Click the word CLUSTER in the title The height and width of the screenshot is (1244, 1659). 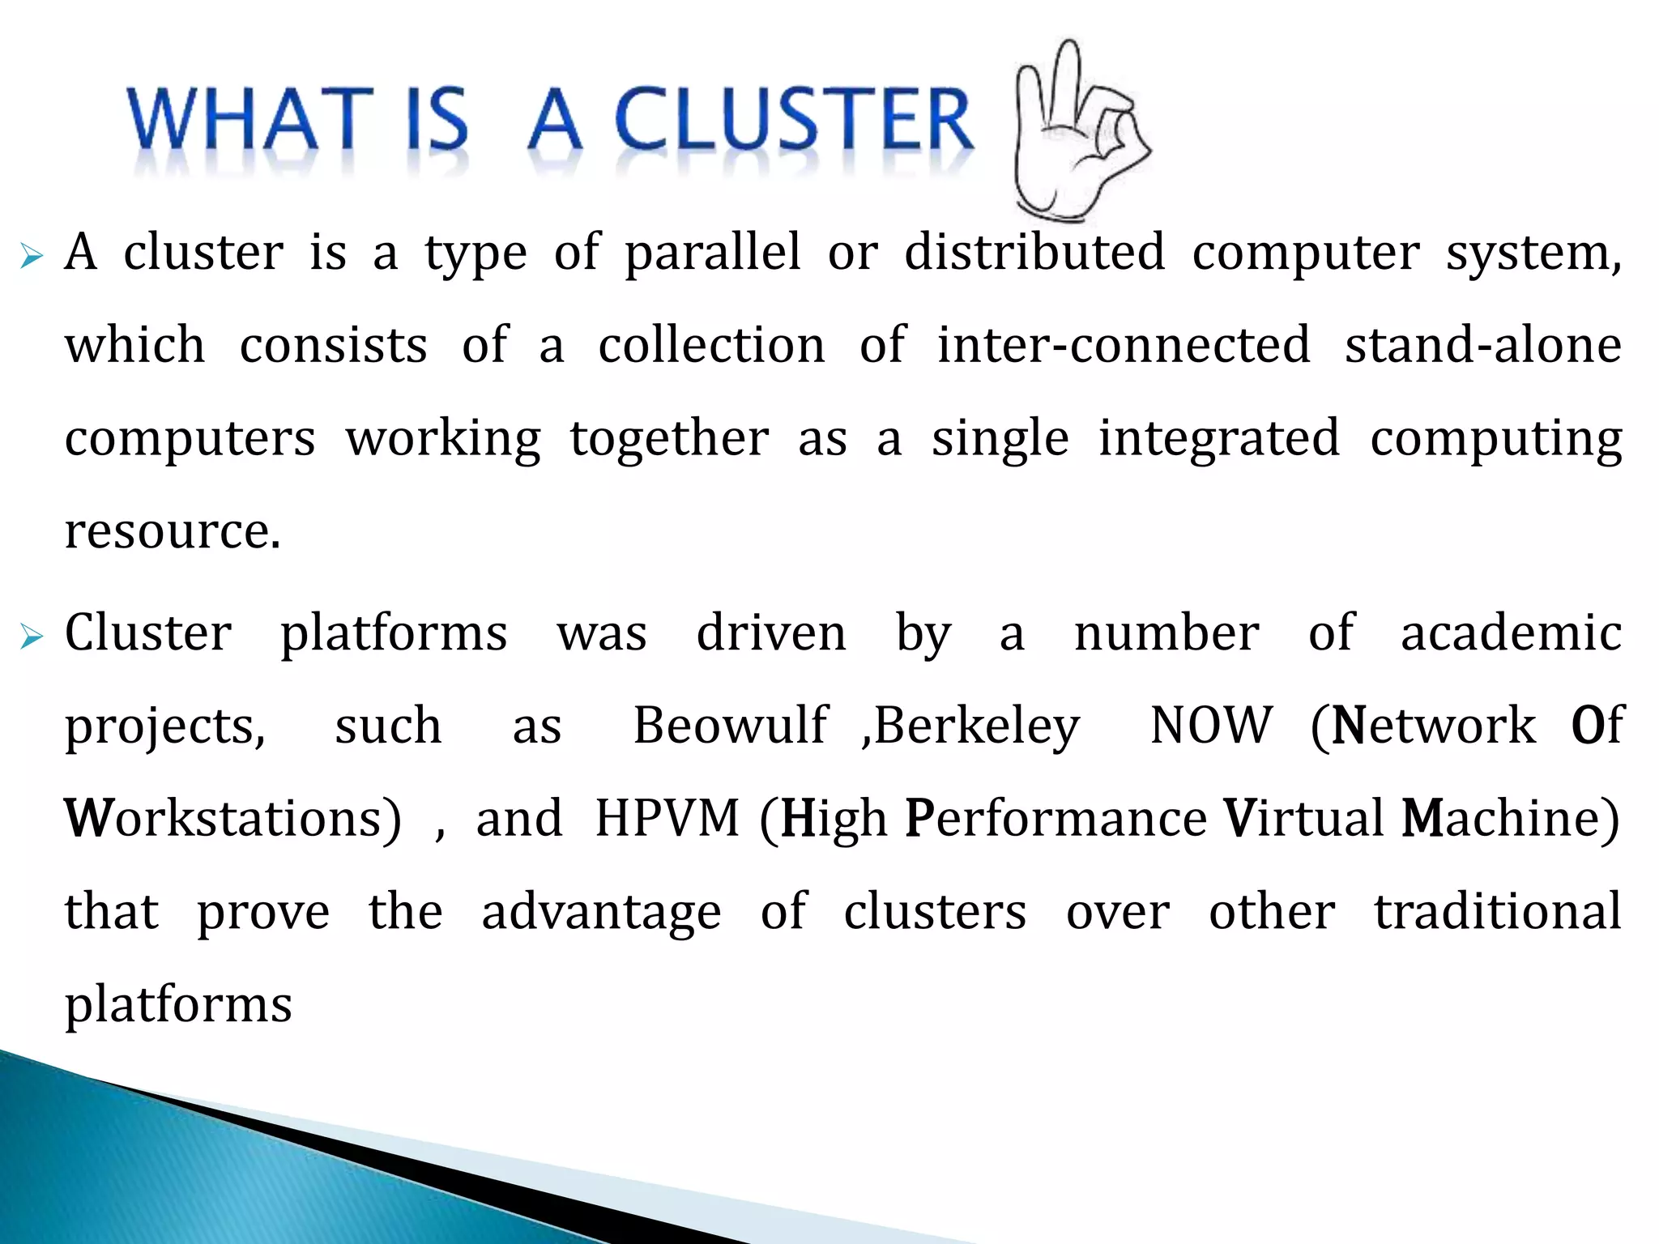(x=794, y=120)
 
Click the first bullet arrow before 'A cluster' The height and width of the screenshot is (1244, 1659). (x=32, y=258)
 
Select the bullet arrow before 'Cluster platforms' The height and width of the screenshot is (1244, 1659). (x=32, y=637)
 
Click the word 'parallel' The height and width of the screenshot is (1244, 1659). (x=713, y=253)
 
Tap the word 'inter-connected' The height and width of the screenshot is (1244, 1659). (x=1124, y=345)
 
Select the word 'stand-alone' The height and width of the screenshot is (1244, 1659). (x=1483, y=345)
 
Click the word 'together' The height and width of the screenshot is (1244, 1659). (x=669, y=439)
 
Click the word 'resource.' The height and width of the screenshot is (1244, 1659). (x=173, y=532)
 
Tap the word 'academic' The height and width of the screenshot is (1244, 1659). (x=1511, y=633)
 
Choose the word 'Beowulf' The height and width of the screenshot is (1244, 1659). (x=731, y=726)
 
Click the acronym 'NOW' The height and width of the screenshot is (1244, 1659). (x=1211, y=726)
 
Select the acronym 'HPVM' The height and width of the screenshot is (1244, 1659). (x=667, y=819)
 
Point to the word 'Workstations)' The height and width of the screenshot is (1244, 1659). (x=232, y=819)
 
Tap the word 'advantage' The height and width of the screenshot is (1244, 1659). (x=601, y=913)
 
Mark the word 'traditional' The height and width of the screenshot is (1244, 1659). (x=1498, y=911)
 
